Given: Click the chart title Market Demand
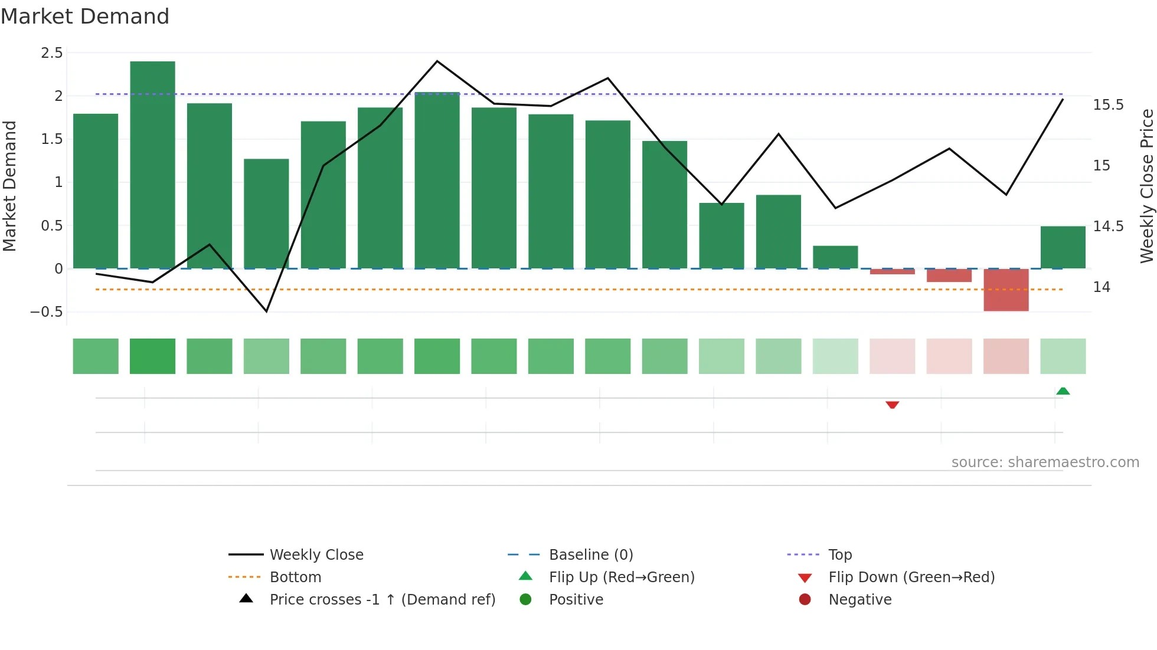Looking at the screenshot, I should click(x=85, y=17).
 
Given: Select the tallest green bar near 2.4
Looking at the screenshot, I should click(x=152, y=165).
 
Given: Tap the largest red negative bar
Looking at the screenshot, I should click(x=1006, y=290).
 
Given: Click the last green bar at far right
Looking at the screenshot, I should click(x=1063, y=248).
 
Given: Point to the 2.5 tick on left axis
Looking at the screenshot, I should click(x=52, y=53).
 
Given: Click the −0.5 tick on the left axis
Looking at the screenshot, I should click(x=47, y=311).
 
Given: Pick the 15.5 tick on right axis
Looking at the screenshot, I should click(x=1108, y=105).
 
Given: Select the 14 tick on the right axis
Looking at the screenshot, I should click(x=1102, y=287).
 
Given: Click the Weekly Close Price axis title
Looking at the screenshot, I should click(x=1146, y=186).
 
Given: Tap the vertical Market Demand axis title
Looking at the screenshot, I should click(x=9, y=186).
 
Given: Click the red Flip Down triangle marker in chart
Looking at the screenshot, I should click(x=892, y=405).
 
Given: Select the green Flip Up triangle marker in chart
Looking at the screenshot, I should click(x=1063, y=391).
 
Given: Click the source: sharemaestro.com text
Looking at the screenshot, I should click(x=1045, y=462).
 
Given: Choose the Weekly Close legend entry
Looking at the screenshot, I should click(x=316, y=554).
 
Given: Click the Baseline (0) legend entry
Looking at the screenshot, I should click(x=590, y=554).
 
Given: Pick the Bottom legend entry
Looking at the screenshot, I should click(x=295, y=577).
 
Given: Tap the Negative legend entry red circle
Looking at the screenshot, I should click(x=805, y=599).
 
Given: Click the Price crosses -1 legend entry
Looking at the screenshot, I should click(x=382, y=599).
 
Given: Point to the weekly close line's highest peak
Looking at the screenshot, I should click(x=437, y=61).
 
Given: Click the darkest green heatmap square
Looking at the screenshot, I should click(x=152, y=356).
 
